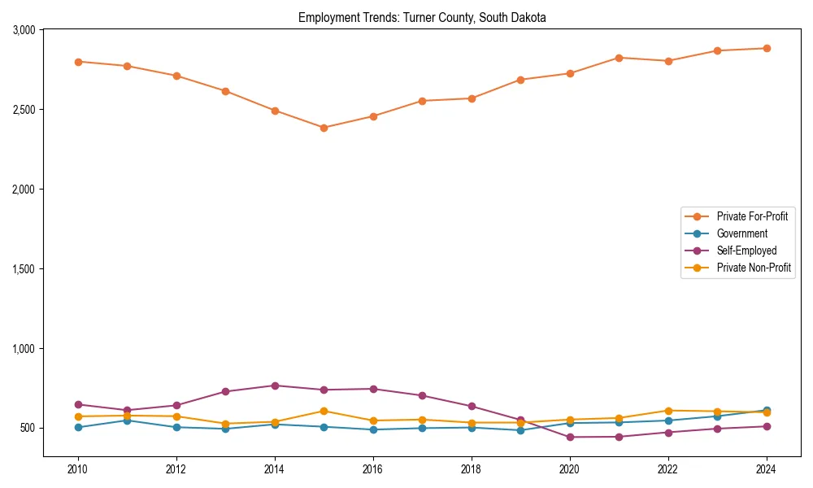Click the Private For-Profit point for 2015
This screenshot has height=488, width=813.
(324, 128)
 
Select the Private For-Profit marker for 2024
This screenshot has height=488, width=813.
(767, 48)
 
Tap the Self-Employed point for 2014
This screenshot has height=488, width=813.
(275, 386)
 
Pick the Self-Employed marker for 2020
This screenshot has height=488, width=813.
(570, 438)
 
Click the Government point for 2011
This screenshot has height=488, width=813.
(127, 420)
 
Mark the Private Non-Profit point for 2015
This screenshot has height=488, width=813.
(324, 411)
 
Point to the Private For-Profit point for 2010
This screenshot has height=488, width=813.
(78, 62)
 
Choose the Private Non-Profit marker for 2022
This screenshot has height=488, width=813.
(668, 411)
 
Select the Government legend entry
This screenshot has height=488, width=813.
(741, 233)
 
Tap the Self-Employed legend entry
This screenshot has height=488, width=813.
(746, 251)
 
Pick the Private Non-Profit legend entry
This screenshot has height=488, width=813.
(754, 268)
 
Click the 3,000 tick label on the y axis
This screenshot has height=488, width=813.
(24, 30)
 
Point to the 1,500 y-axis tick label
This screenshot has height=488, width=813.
(24, 269)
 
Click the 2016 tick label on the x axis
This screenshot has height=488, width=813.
(373, 469)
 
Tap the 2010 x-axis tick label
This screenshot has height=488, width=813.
(78, 469)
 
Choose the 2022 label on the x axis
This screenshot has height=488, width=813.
(668, 469)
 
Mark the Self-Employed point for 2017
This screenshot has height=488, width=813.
(422, 396)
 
